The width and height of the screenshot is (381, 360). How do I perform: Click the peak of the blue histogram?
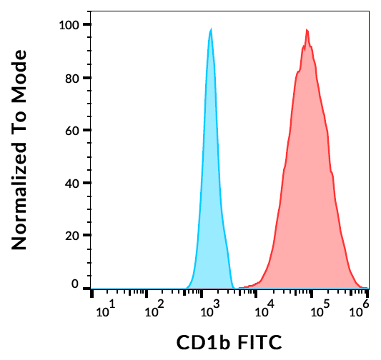click(x=211, y=30)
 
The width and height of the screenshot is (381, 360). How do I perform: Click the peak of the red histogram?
click(x=307, y=30)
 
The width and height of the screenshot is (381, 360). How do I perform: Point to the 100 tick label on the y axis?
click(x=69, y=25)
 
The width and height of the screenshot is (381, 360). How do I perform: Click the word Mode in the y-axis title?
click(x=19, y=74)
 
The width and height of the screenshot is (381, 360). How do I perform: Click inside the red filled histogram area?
click(x=307, y=179)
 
